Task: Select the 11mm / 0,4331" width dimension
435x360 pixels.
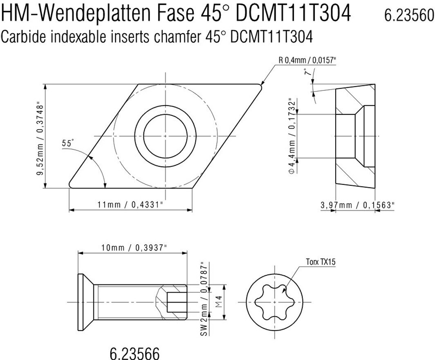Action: click(130, 205)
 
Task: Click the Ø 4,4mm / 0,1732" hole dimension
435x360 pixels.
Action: click(292, 136)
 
